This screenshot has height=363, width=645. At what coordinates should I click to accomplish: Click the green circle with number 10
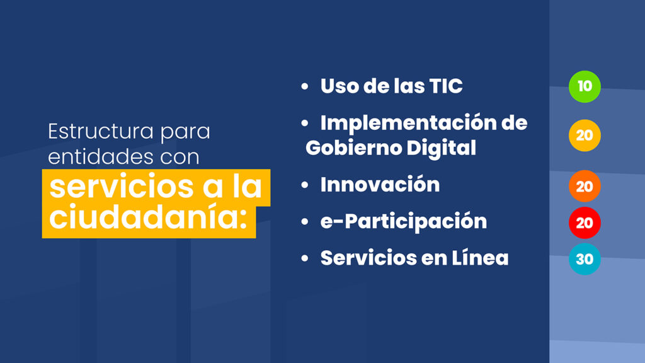[585, 86]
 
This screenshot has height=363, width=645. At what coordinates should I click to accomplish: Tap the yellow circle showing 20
[585, 135]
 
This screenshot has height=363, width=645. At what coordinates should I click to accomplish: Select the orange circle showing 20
[585, 187]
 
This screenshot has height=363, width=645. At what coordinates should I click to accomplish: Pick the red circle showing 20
[585, 222]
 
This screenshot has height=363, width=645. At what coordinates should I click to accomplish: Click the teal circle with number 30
[585, 259]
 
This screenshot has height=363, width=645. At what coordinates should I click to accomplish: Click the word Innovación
[380, 184]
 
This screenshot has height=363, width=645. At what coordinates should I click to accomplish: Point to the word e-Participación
[404, 222]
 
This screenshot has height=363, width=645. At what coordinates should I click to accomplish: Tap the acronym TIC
[446, 86]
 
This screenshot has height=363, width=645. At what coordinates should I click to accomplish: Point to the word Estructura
[101, 132]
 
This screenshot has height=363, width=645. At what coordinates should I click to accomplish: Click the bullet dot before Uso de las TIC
[305, 86]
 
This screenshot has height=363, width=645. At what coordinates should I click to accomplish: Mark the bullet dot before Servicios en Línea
[305, 258]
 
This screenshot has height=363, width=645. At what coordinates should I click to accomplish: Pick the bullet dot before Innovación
[305, 185]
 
